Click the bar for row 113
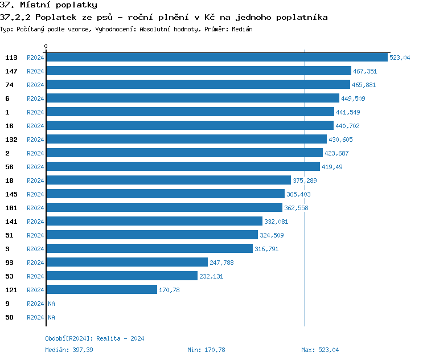click(216, 58)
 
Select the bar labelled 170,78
click(101, 290)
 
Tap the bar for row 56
click(183, 167)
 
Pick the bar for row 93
click(126, 263)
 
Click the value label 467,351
click(365, 71)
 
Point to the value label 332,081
click(276, 222)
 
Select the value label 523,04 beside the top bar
click(400, 58)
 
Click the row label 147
click(11, 71)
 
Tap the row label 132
click(11, 140)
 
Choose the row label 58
click(9, 317)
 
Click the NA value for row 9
click(51, 304)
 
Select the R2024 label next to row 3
click(35, 249)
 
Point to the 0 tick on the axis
click(46, 46)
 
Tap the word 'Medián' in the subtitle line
click(242, 28)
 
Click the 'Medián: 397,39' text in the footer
click(69, 350)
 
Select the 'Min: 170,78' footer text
click(206, 350)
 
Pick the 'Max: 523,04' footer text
click(320, 350)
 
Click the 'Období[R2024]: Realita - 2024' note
click(95, 338)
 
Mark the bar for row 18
click(168, 181)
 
